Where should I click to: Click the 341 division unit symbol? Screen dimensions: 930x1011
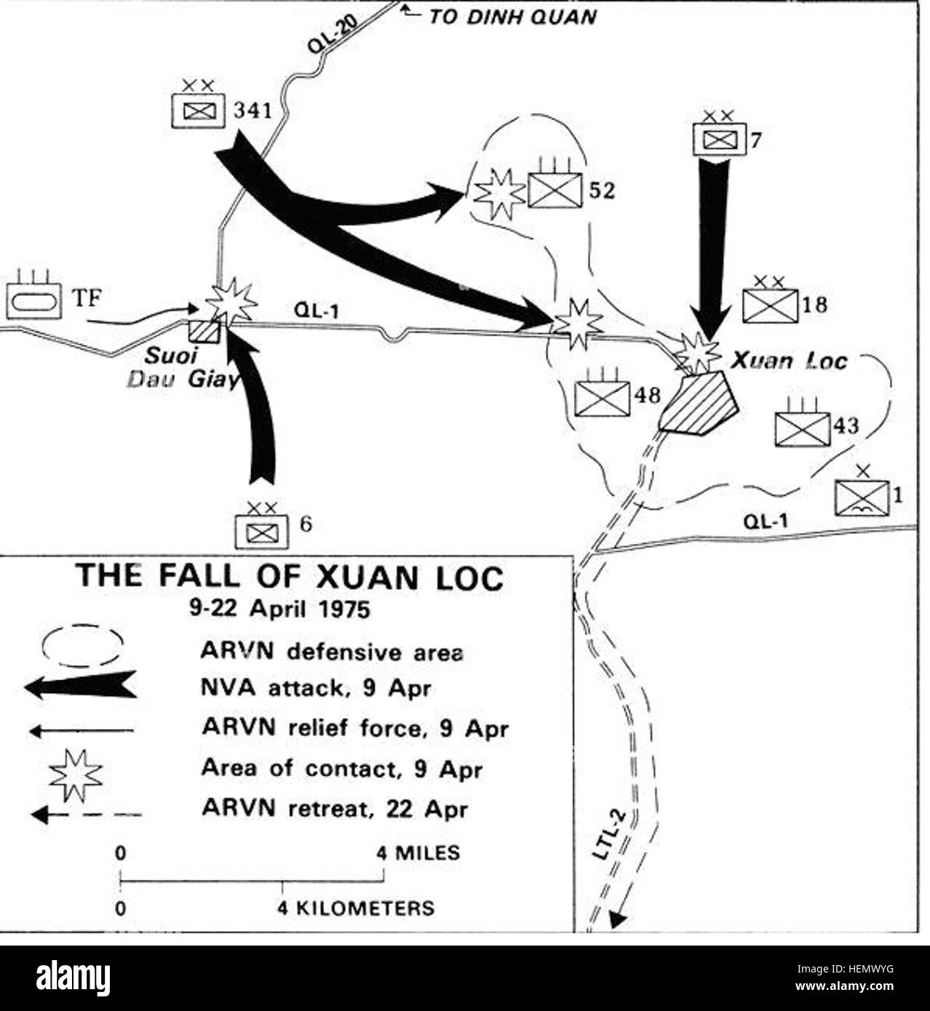point(198,104)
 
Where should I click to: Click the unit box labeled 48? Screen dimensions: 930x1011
point(603,392)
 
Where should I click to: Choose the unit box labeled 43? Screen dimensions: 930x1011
point(803,423)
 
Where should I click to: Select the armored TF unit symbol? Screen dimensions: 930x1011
point(33,294)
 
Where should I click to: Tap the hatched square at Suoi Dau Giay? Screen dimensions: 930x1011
point(204,332)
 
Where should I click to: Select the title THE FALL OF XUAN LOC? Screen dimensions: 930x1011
point(292,578)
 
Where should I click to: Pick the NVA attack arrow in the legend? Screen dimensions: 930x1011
point(81,684)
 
